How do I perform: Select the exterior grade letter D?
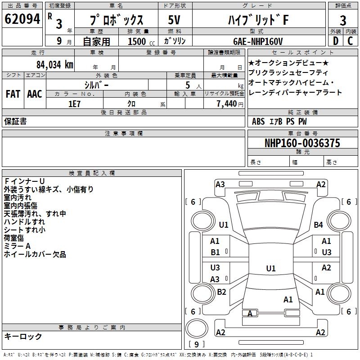pos(335,40)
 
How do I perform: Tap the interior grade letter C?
pos(351,40)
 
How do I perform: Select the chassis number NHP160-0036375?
pos(302,143)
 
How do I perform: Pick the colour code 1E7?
pos(74,103)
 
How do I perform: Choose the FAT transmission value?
pos(13,94)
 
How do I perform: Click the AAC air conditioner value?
pos(35,94)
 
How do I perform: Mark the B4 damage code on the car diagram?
pos(319,225)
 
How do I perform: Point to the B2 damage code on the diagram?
pos(221,292)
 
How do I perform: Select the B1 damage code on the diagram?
pos(215,252)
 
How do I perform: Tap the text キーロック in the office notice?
pos(23,336)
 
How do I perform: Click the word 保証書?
pos(15,121)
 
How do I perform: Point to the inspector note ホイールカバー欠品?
pos(35,254)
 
